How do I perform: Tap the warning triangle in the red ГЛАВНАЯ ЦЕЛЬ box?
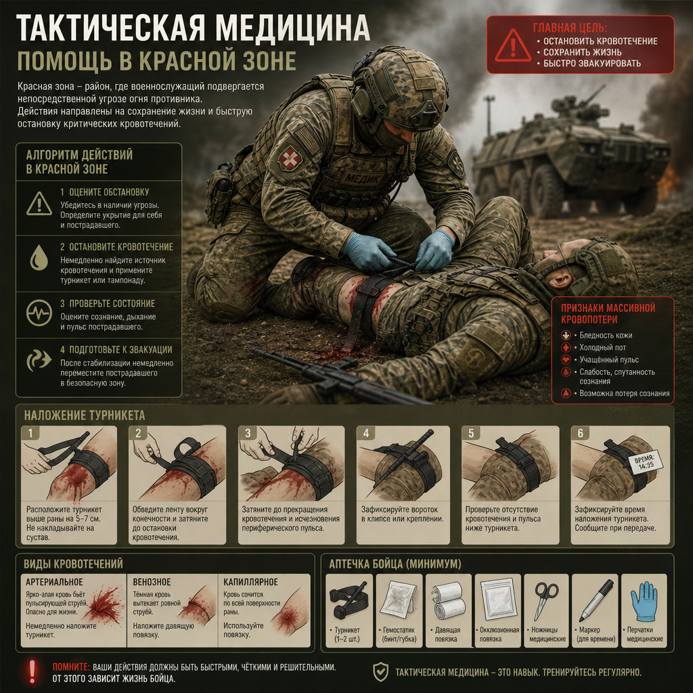pyautogui.click(x=513, y=46)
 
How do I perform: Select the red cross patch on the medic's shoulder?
pyautogui.click(x=290, y=158)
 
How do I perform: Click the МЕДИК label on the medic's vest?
pyautogui.click(x=361, y=178)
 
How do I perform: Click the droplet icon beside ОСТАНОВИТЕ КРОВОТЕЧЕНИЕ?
pyautogui.click(x=39, y=257)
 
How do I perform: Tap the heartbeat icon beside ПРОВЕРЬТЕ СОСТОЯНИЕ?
pyautogui.click(x=39, y=313)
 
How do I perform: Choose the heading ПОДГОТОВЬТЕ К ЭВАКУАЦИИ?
pyautogui.click(x=120, y=350)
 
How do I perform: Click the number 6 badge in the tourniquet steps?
pyautogui.click(x=581, y=433)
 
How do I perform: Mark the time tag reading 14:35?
pyautogui.click(x=646, y=462)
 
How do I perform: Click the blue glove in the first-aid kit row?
pyautogui.click(x=644, y=601)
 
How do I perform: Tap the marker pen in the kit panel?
pyautogui.click(x=596, y=601)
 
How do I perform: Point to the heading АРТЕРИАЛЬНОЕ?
pyautogui.click(x=54, y=581)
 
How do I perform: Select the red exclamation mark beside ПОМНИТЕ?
pyautogui.click(x=32, y=672)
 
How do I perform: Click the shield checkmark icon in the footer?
pyautogui.click(x=380, y=672)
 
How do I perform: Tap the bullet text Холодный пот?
pyautogui.click(x=602, y=347)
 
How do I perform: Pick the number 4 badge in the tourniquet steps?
pyautogui.click(x=366, y=433)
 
